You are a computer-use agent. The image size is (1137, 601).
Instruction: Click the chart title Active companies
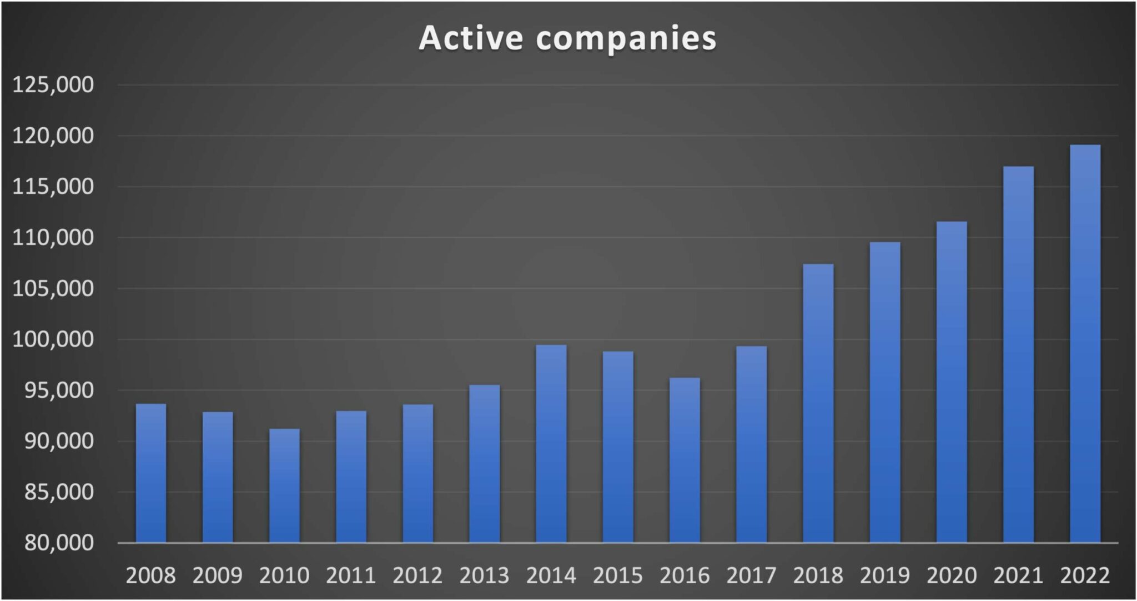coord(567,38)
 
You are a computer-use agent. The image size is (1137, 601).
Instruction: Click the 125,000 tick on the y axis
coord(53,85)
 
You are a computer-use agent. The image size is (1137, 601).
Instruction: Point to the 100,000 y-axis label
coord(53,339)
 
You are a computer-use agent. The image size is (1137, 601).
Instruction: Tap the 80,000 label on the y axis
coord(59,543)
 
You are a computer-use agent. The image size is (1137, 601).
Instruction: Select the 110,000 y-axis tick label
coord(53,238)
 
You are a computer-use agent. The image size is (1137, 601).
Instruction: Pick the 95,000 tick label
coord(59,390)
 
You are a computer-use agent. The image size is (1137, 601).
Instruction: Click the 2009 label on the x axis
coord(218,575)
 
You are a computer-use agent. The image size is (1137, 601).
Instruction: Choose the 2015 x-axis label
coord(618,575)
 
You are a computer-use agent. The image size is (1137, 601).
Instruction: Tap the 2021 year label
coord(1018,575)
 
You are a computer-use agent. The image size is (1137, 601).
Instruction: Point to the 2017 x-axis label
coord(751,575)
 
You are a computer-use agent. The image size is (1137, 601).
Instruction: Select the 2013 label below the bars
coord(484,575)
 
